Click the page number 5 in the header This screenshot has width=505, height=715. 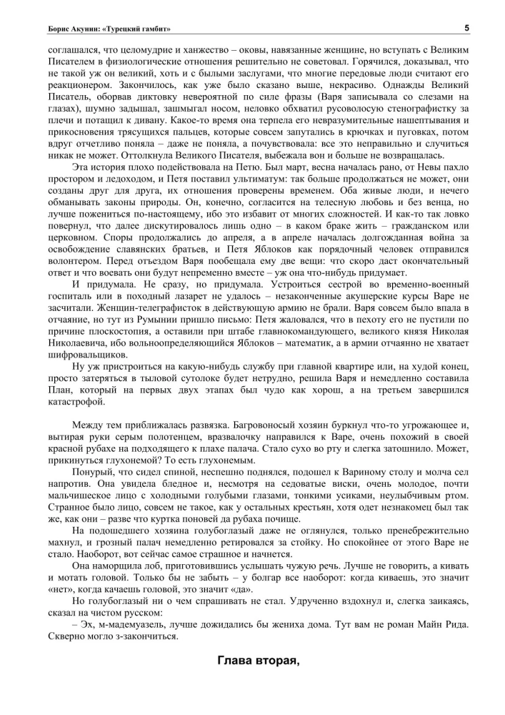tap(466, 28)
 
